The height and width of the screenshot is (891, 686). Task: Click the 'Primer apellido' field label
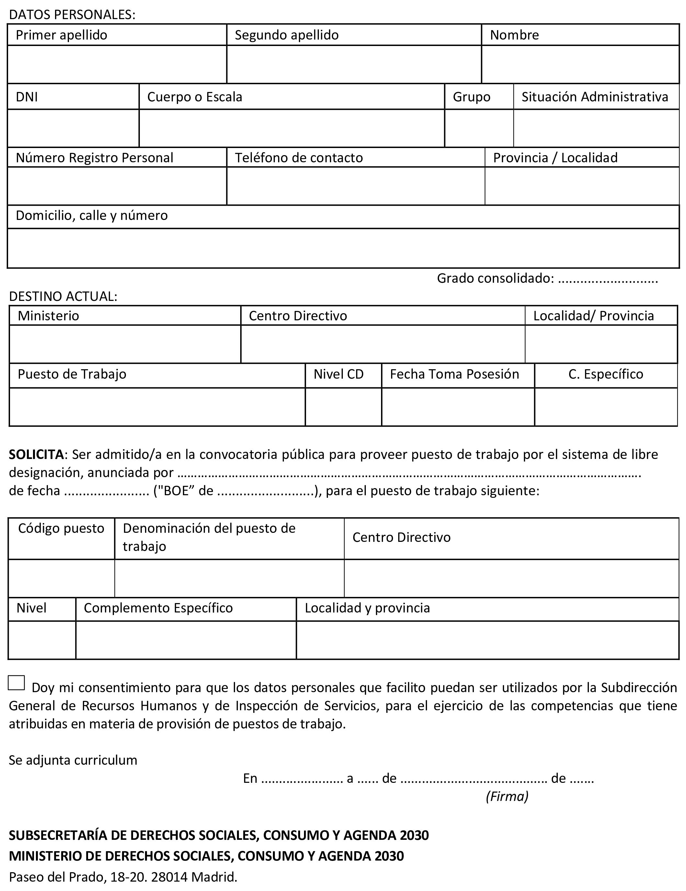click(x=61, y=35)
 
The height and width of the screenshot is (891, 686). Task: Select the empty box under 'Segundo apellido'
click(x=354, y=64)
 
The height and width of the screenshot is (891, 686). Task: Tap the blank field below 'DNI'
click(x=73, y=128)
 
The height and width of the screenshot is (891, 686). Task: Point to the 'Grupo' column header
click(x=471, y=97)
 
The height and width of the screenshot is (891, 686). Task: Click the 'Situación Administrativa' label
click(x=595, y=97)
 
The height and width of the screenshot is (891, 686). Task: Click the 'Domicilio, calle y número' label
click(x=92, y=215)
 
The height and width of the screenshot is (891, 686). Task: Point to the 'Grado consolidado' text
click(x=495, y=278)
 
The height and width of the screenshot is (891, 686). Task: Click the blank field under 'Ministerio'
click(x=125, y=344)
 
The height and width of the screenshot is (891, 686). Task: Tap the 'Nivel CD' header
click(x=339, y=374)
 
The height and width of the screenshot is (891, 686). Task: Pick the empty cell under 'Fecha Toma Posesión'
click(x=458, y=407)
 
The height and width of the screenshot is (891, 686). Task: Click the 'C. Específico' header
click(x=606, y=374)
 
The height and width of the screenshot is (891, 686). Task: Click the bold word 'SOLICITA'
click(x=36, y=454)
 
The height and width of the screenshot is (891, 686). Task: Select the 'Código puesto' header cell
click(x=61, y=528)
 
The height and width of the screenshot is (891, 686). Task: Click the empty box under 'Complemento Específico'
click(x=186, y=640)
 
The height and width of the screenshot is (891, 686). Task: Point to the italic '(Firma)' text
click(x=507, y=796)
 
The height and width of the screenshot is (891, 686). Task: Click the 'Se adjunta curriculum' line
click(x=73, y=760)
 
